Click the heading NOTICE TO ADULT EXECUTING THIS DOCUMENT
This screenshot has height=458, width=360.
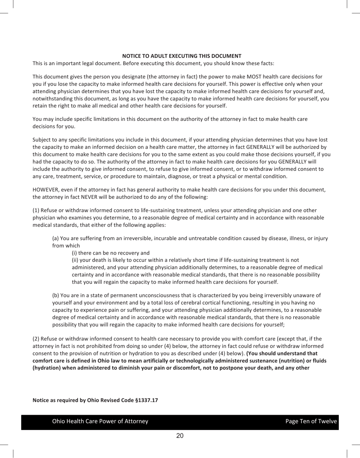click(182, 56)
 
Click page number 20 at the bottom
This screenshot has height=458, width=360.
click(180, 436)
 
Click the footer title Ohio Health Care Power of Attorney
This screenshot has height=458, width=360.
click(100, 421)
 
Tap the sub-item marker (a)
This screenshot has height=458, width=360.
click(55, 238)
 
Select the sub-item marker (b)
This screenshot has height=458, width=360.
click(55, 295)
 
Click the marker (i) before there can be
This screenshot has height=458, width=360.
click(74, 253)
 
